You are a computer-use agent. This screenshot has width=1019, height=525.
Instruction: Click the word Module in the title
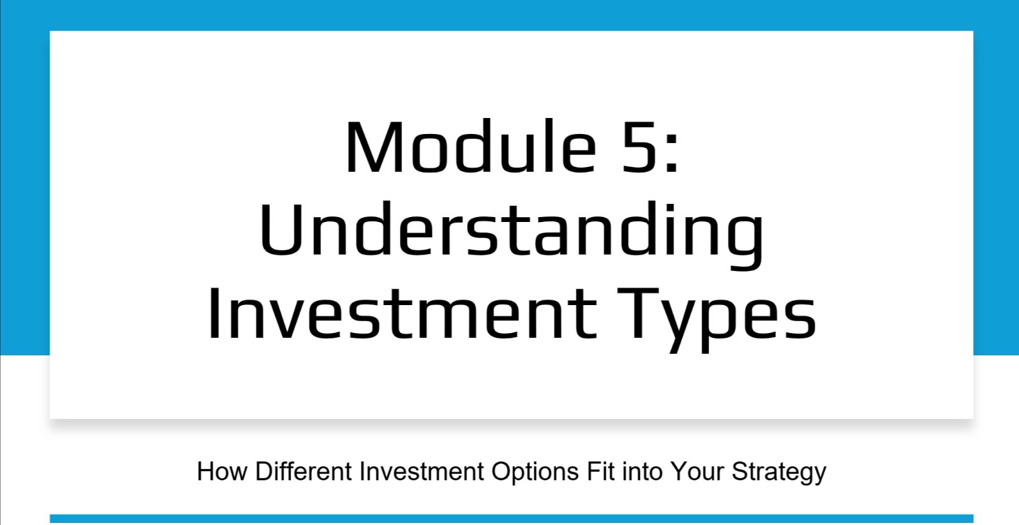click(457, 147)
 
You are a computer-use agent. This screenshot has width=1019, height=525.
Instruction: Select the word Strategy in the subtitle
click(779, 473)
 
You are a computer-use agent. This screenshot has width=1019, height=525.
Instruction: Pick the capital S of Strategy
click(740, 471)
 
